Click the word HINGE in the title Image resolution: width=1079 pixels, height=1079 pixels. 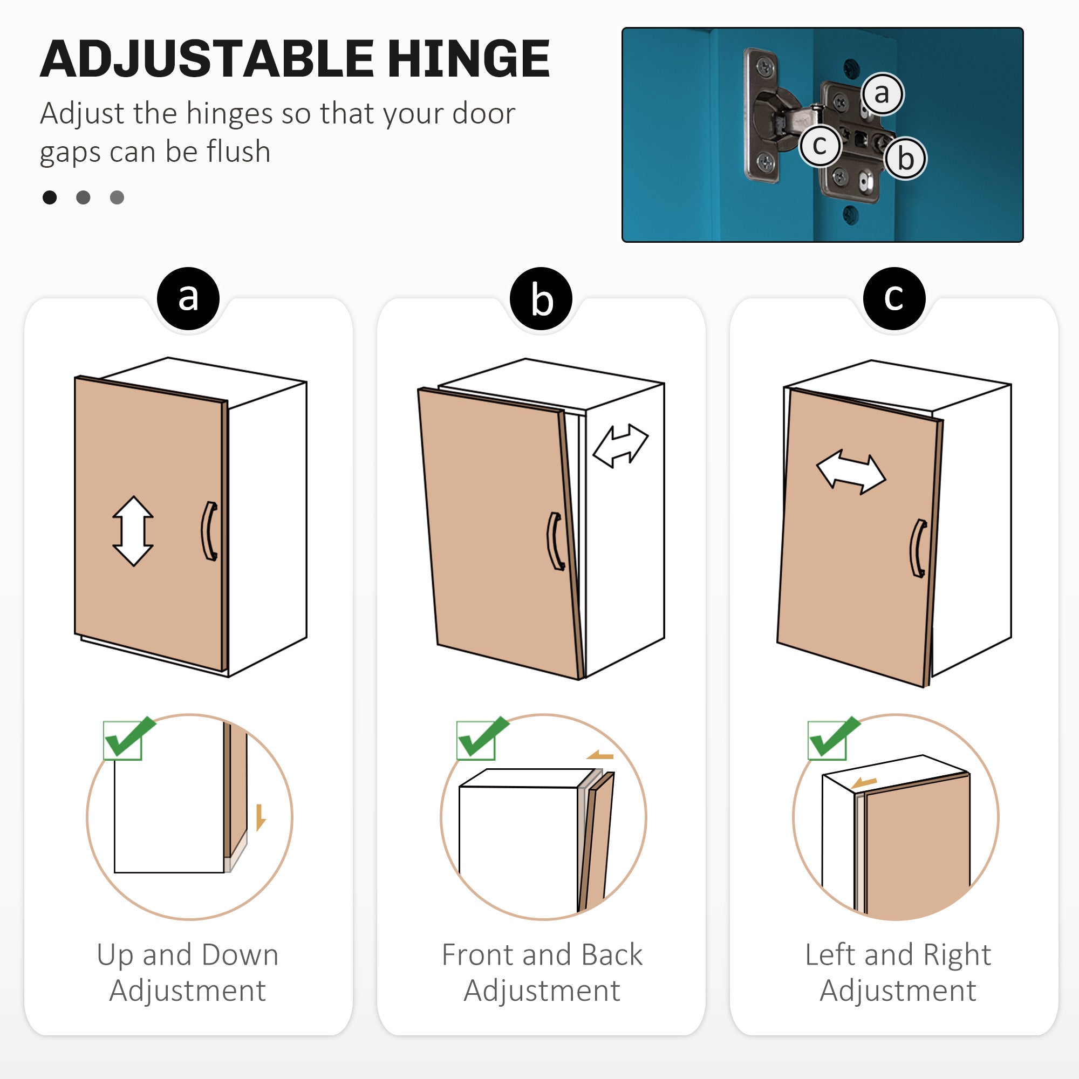(469, 59)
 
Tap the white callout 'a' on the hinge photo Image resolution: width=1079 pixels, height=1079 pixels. (882, 94)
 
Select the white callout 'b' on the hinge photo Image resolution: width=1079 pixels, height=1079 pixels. (905, 159)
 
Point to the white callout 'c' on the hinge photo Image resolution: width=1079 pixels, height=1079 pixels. (820, 146)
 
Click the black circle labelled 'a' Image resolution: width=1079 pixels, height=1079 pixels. (188, 298)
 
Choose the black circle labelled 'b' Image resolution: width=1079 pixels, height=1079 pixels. (541, 298)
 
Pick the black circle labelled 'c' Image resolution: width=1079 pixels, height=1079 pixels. (894, 298)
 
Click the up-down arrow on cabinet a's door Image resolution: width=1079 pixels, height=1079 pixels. (133, 531)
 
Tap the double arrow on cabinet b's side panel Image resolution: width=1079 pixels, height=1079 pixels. (620, 445)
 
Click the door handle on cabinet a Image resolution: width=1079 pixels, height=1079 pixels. (209, 530)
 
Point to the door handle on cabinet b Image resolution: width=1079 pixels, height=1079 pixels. (555, 541)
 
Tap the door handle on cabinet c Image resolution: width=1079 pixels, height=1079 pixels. (919, 549)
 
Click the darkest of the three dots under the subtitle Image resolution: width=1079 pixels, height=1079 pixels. (50, 197)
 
